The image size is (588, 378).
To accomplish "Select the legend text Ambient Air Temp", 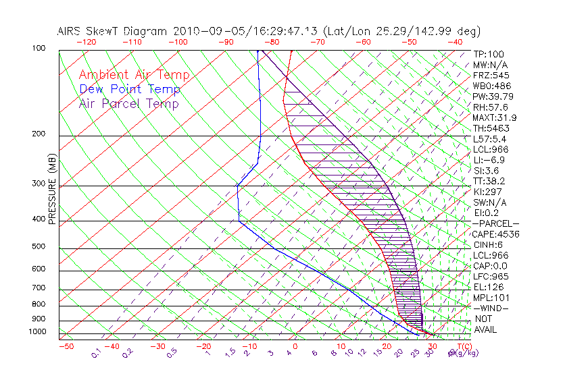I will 134,75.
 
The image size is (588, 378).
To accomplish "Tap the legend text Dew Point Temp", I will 130,89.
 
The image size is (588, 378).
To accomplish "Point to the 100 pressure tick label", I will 39,49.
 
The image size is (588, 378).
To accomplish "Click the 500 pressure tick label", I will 39,247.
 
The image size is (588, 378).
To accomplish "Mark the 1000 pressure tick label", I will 36,332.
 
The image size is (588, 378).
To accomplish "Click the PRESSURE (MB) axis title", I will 52,188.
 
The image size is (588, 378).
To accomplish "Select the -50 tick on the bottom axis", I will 66,346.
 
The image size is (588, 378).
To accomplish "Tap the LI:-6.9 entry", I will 489,160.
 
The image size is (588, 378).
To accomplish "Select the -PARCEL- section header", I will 496,223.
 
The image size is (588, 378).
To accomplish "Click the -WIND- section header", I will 491,308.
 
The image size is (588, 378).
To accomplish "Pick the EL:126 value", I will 487,287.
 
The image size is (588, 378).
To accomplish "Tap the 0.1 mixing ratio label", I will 97,352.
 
